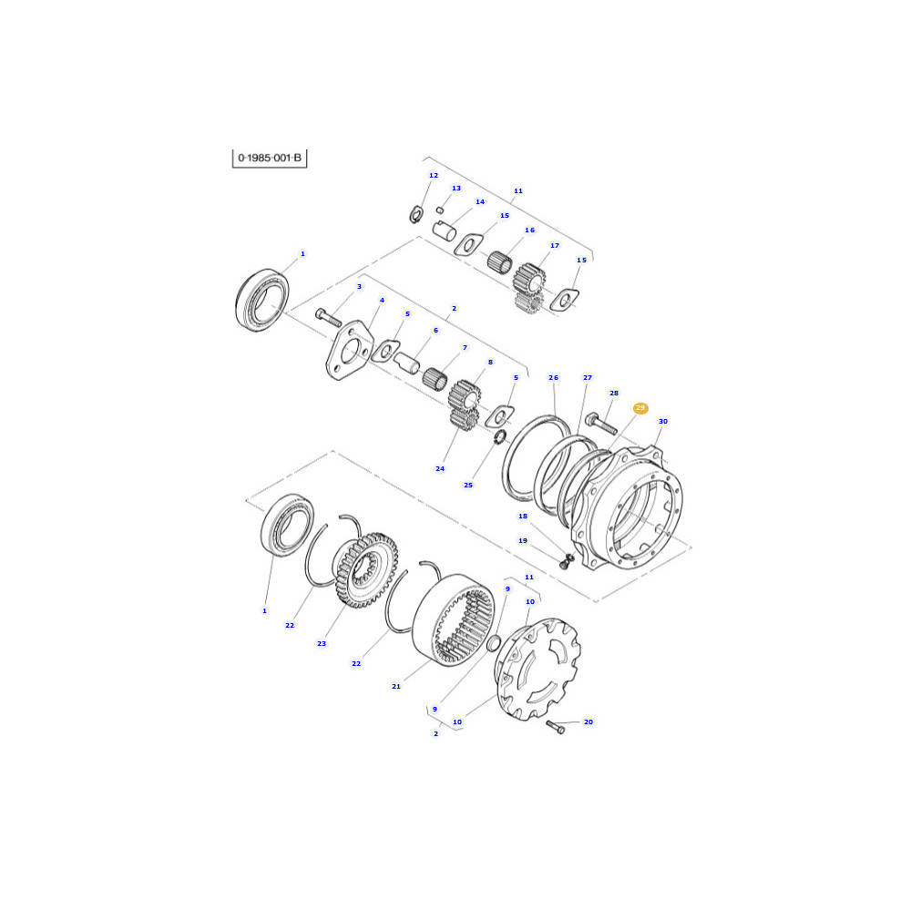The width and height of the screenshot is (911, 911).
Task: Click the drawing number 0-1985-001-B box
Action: click(x=270, y=158)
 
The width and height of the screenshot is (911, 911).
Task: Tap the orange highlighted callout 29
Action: click(x=640, y=408)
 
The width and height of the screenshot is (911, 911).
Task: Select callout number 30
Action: click(x=663, y=421)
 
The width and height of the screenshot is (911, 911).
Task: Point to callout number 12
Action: click(x=434, y=176)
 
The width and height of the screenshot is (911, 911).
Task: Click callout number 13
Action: click(x=456, y=189)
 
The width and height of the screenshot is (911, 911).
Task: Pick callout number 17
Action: click(x=555, y=246)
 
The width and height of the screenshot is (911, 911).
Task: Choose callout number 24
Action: click(x=440, y=469)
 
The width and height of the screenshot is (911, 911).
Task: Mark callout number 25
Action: click(x=468, y=486)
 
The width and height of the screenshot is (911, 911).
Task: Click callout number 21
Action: click(x=396, y=686)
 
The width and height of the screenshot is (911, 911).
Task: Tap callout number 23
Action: click(x=322, y=644)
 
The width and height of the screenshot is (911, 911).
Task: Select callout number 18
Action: click(x=523, y=516)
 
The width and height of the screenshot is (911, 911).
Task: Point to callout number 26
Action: click(x=553, y=378)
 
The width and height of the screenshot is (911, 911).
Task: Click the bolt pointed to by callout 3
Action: click(x=328, y=317)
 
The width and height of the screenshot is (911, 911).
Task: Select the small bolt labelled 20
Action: click(x=556, y=727)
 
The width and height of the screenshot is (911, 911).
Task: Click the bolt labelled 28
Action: click(x=600, y=423)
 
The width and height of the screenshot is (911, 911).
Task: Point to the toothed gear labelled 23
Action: click(x=365, y=570)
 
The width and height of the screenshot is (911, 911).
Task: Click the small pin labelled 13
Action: click(x=440, y=210)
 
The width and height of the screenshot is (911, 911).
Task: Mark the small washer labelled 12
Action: click(x=415, y=214)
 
